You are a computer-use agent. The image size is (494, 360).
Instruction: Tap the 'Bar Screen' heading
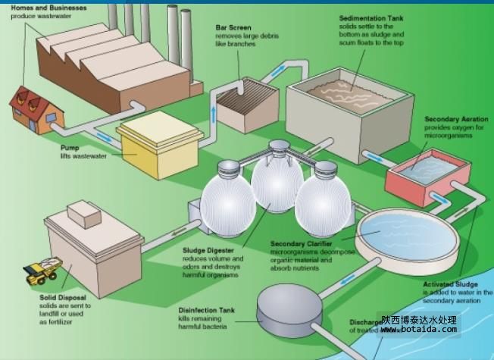233,27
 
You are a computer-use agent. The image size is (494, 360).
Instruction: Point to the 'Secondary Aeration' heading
455,119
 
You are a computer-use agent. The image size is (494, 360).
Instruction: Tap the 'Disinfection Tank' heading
207,310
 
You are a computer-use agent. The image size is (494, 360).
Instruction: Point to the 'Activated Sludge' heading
452,284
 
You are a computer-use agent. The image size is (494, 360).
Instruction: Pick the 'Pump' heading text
70,149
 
